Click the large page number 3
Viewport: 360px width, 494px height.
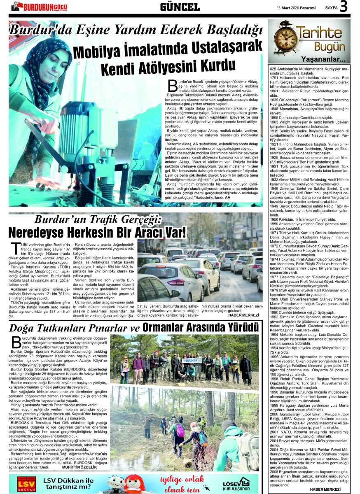click(x=344, y=7)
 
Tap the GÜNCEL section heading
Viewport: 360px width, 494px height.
click(x=180, y=7)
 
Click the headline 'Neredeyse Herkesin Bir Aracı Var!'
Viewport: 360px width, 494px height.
click(x=97, y=232)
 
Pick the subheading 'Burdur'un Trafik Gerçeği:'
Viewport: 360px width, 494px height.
click(x=97, y=219)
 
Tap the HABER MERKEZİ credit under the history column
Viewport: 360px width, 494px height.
click(x=325, y=489)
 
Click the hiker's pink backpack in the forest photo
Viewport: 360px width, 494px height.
click(x=180, y=430)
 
